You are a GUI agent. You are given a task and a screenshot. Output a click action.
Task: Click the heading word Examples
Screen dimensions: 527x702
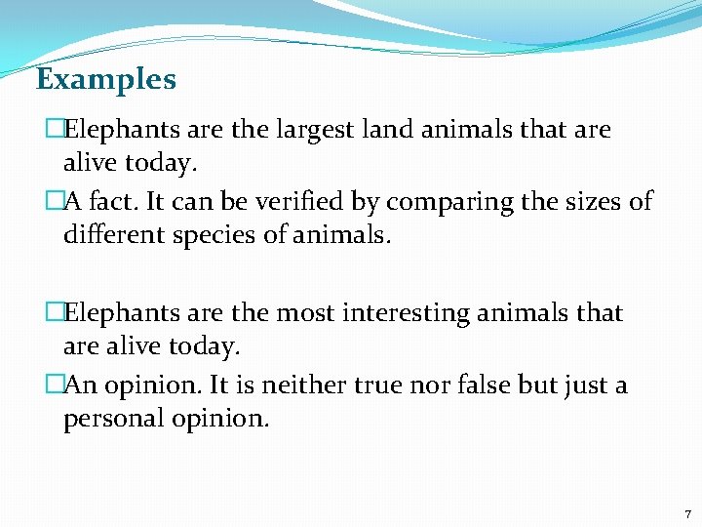coord(105,79)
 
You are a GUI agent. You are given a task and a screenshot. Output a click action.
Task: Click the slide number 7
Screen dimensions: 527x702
coord(686,513)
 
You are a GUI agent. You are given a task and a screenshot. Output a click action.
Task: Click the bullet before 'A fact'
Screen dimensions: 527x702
coord(55,202)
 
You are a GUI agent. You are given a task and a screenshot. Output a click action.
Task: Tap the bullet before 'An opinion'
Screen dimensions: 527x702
coord(55,385)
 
